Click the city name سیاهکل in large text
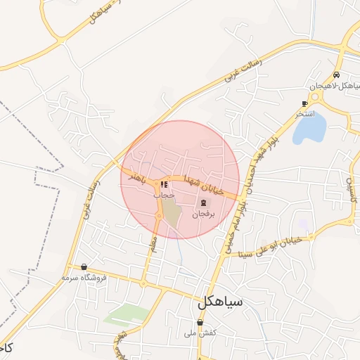(x=220, y=303)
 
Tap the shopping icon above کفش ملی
(x=200, y=323)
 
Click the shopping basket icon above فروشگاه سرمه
(x=84, y=267)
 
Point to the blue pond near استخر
(x=310, y=128)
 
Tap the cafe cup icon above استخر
(x=304, y=103)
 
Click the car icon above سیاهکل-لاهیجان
(x=337, y=75)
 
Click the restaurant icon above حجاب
(x=165, y=185)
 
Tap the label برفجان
(x=202, y=212)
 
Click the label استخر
(x=305, y=112)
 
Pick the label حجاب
(x=165, y=194)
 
